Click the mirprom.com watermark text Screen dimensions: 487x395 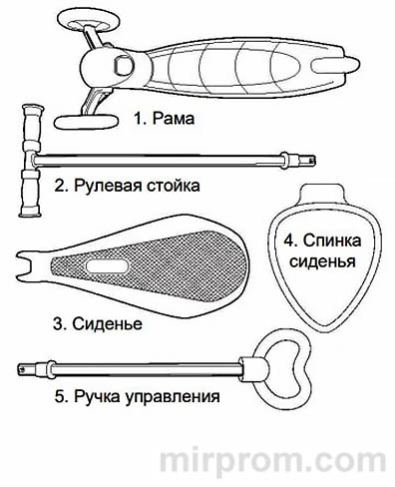click(x=274, y=462)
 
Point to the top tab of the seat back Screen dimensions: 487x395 click(x=324, y=195)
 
